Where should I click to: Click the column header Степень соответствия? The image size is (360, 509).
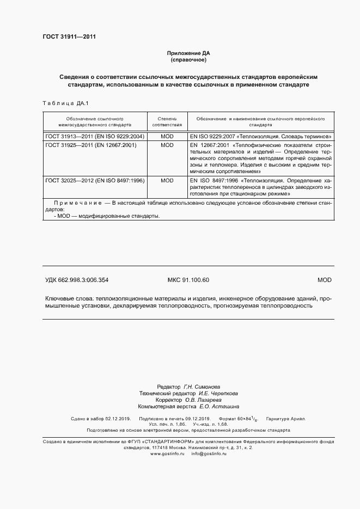coord(167,121)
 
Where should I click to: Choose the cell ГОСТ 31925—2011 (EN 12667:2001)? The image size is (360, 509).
coord(91,145)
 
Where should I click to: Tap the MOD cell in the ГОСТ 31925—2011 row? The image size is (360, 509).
coord(167,145)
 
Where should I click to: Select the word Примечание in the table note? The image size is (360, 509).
coord(77,203)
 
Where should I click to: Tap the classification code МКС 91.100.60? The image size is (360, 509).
coord(188,280)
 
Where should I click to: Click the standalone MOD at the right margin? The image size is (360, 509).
coord(324,280)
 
